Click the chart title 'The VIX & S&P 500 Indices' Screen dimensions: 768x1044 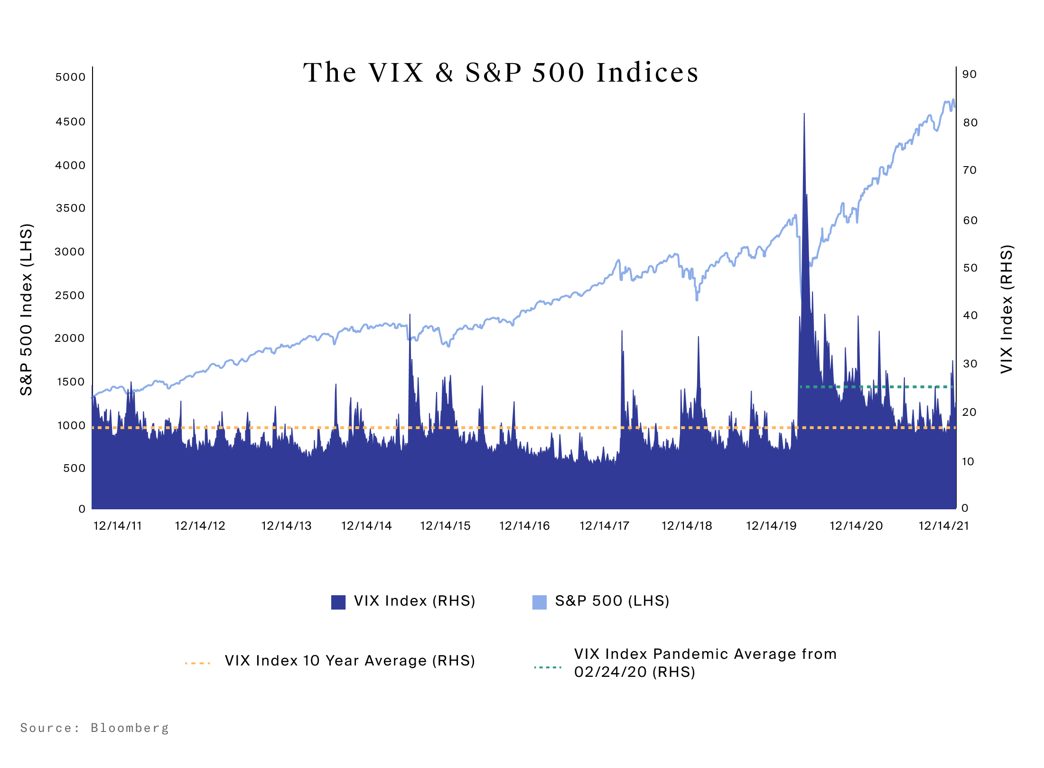[x=501, y=73]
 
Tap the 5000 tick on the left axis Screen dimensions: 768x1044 [x=70, y=77]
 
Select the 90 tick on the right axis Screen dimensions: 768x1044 [x=969, y=75]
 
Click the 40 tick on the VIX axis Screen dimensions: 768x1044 [x=970, y=316]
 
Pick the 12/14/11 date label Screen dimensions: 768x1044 [x=118, y=526]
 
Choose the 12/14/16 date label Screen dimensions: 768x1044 [x=524, y=526]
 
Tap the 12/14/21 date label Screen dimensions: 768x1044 [x=943, y=526]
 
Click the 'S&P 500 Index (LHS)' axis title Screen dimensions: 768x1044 [x=27, y=309]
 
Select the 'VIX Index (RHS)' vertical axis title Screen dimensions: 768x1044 [x=1007, y=309]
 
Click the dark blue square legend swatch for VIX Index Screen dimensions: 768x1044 [x=338, y=602]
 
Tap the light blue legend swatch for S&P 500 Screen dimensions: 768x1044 [x=539, y=602]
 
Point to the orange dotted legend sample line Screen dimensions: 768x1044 [x=197, y=663]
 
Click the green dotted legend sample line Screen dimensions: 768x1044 [x=547, y=667]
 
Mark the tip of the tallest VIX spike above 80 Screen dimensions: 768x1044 [x=804, y=114]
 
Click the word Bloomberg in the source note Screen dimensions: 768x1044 [x=130, y=728]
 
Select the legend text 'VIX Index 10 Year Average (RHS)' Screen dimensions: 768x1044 [x=350, y=661]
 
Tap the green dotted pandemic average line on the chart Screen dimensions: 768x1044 [x=878, y=387]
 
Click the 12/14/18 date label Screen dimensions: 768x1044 [x=687, y=526]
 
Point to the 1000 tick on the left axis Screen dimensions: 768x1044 [x=71, y=426]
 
